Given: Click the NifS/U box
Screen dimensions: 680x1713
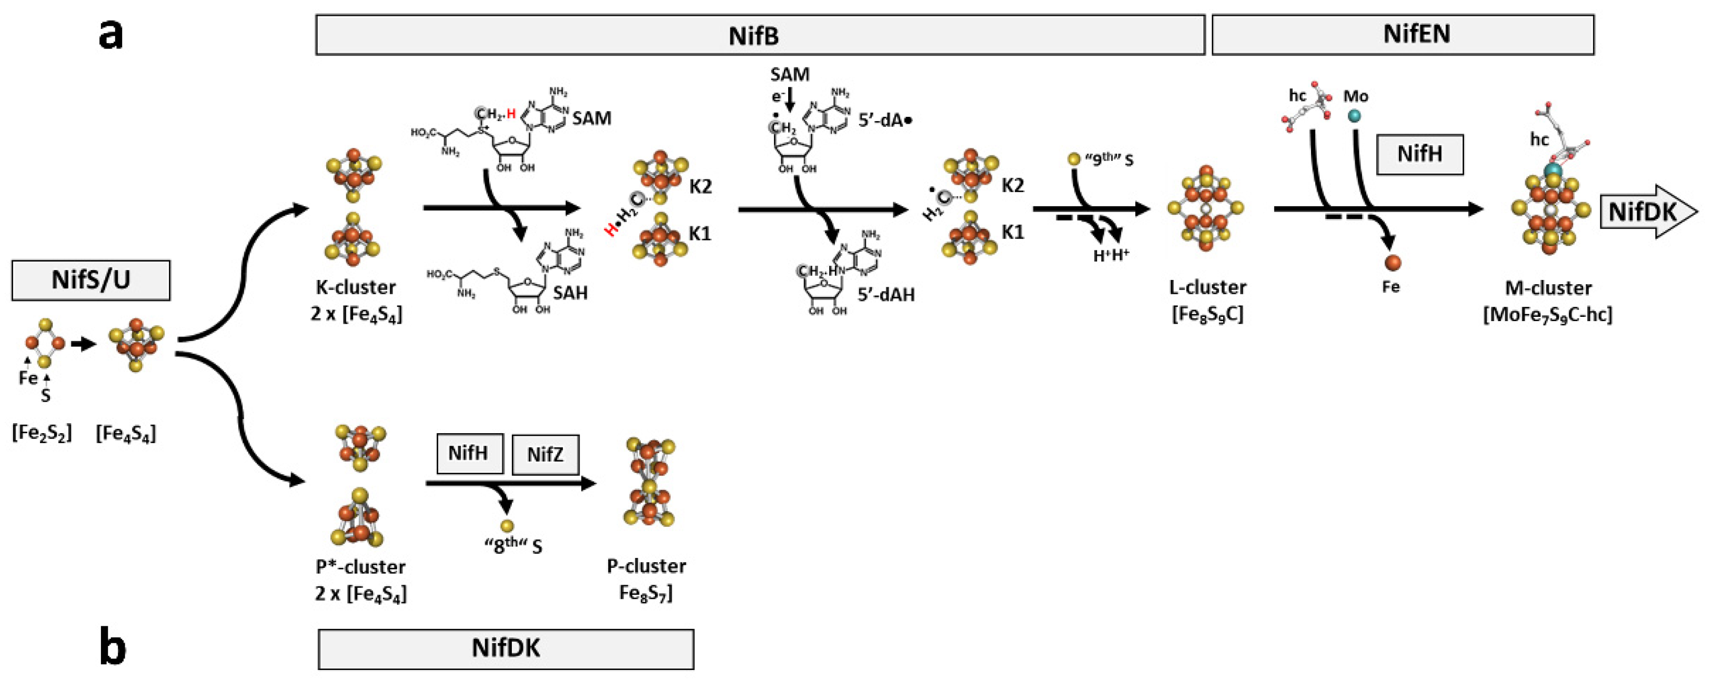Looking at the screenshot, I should click(90, 280).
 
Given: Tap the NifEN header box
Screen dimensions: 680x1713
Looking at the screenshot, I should click(1403, 35).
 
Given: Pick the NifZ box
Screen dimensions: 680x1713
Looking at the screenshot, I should click(545, 454).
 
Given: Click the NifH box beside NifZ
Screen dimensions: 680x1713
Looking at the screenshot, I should click(469, 453).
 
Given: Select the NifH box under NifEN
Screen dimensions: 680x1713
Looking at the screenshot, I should click(1419, 154).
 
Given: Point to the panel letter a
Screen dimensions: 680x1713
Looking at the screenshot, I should click(110, 35).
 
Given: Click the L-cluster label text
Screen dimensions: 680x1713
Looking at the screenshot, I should click(1207, 287).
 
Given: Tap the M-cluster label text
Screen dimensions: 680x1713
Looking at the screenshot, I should click(1548, 288).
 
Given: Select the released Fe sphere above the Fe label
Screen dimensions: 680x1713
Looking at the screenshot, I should click(1392, 262).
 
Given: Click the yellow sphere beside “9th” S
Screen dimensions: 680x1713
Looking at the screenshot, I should click(1073, 159).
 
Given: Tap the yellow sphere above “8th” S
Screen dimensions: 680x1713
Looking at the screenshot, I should click(507, 526).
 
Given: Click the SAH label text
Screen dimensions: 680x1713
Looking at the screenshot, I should click(570, 293).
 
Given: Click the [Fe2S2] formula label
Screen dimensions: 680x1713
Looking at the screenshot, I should click(41, 433).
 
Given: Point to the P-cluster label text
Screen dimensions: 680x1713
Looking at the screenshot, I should click(646, 566).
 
